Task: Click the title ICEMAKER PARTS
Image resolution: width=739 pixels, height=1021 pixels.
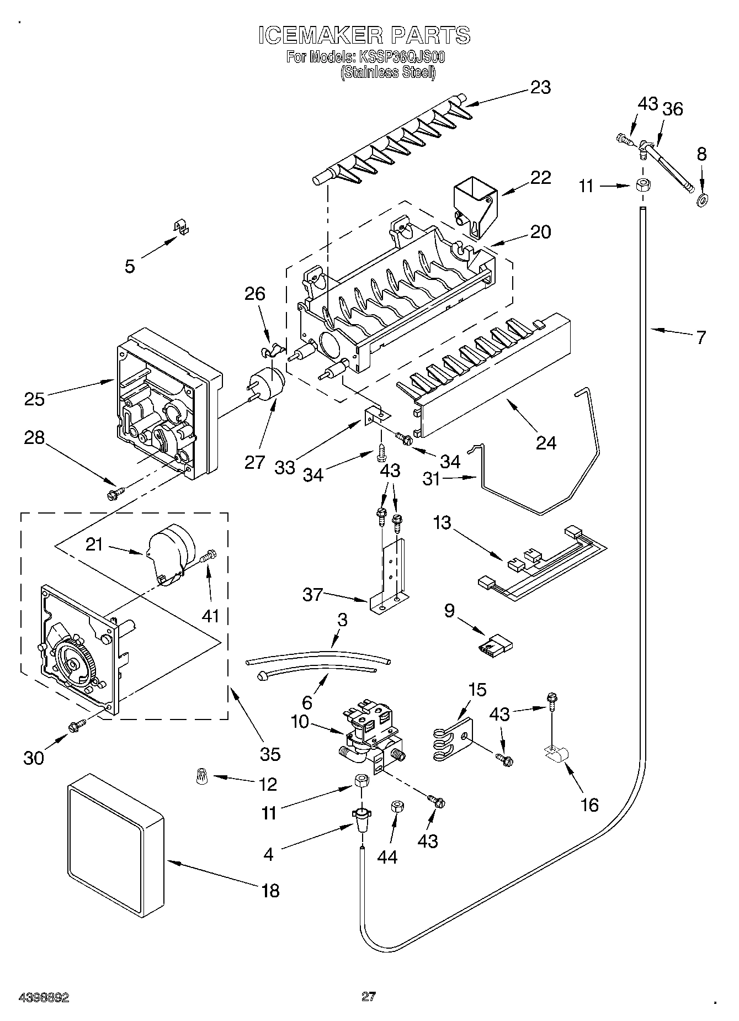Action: click(x=364, y=35)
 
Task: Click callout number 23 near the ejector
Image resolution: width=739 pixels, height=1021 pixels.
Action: click(x=540, y=87)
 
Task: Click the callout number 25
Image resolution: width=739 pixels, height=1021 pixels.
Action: click(x=34, y=398)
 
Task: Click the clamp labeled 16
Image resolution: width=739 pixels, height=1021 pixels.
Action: click(x=556, y=755)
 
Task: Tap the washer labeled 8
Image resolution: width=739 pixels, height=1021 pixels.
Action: click(x=703, y=200)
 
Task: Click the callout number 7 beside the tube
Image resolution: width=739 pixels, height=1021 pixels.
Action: click(x=700, y=337)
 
